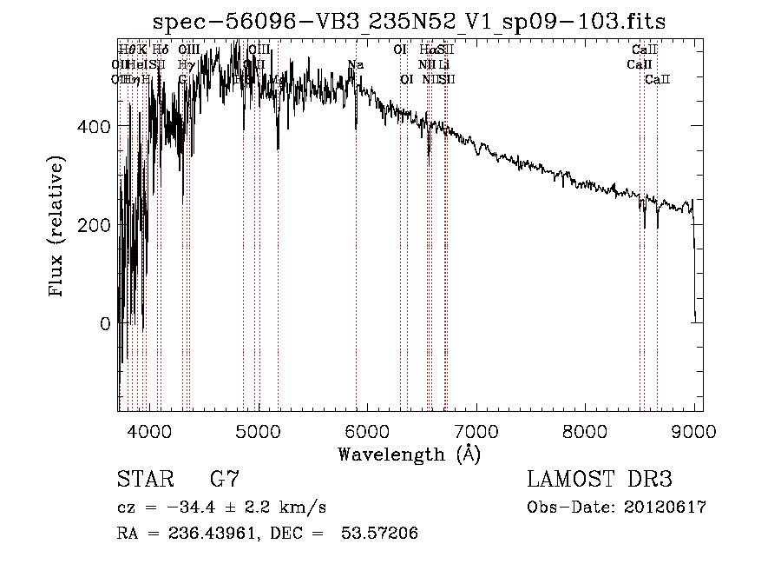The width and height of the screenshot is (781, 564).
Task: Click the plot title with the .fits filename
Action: click(409, 23)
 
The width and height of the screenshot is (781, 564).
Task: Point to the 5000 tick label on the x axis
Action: click(258, 430)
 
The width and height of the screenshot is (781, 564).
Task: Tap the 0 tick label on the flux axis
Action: click(105, 323)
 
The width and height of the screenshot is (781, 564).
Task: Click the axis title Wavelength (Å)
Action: click(409, 454)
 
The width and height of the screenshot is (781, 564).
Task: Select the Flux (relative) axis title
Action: click(58, 228)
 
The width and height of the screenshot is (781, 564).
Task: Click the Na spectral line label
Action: click(356, 64)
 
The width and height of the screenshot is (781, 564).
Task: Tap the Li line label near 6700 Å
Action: click(444, 64)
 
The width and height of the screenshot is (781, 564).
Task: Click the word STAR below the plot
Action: click(145, 480)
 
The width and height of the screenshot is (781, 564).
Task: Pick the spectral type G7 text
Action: click(224, 480)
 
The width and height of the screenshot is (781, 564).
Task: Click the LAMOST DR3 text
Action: click(600, 480)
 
